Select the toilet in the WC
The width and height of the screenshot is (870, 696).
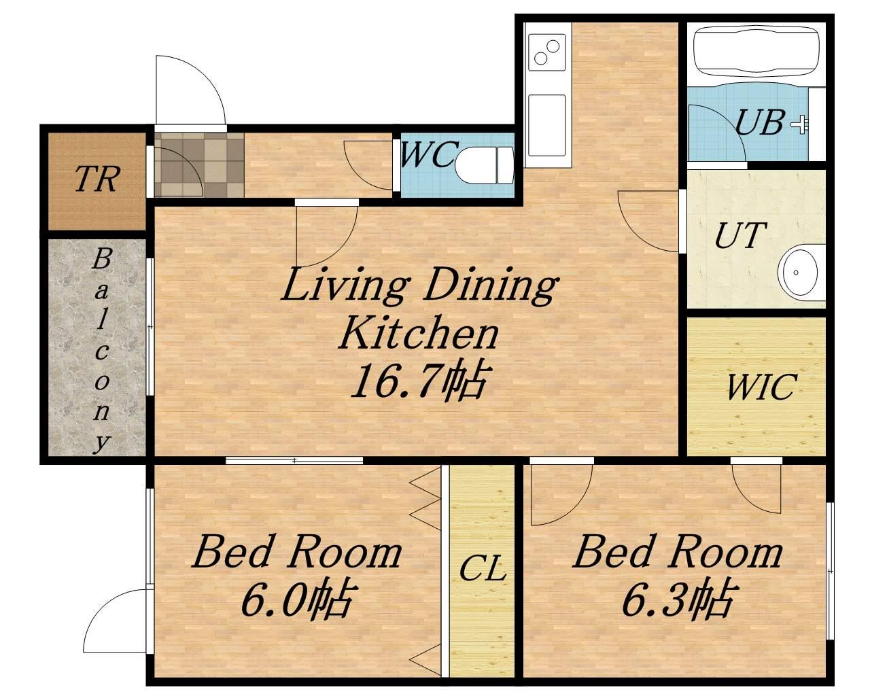click(x=484, y=164)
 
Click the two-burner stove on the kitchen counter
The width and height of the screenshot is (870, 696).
click(x=546, y=52)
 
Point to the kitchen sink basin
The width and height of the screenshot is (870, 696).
click(x=546, y=125)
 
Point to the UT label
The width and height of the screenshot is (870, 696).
click(x=739, y=235)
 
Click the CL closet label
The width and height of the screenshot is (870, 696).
click(x=483, y=568)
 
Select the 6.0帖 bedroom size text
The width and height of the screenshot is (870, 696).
click(x=298, y=602)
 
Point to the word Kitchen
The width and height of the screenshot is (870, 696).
click(x=419, y=335)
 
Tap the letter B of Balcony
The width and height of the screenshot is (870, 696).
click(x=101, y=259)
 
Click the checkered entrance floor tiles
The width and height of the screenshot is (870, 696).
click(x=199, y=165)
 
